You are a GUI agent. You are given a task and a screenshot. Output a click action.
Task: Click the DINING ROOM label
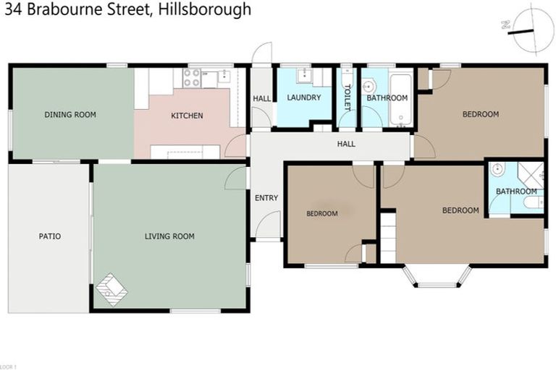(x=70, y=114)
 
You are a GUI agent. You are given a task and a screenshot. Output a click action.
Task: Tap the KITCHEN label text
(x=187, y=116)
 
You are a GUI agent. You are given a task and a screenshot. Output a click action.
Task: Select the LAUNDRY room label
(x=303, y=98)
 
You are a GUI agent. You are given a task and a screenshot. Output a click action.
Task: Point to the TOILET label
(x=347, y=97)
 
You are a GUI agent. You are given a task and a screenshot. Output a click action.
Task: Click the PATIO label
(x=50, y=236)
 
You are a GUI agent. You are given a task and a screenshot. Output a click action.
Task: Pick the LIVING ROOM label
(x=169, y=236)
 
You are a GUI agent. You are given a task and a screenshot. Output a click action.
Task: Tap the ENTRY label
(x=266, y=198)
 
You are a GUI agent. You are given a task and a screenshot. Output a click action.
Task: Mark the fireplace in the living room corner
(x=112, y=288)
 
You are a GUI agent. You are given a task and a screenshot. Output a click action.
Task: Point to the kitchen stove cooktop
(x=192, y=77)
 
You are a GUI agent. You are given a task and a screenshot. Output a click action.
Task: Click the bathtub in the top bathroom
(x=400, y=100)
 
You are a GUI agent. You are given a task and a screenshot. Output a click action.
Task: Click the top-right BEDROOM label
(x=481, y=114)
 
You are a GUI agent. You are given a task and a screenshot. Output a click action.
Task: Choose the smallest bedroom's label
(x=321, y=213)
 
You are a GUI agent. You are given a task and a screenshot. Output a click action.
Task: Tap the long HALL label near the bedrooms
(x=346, y=144)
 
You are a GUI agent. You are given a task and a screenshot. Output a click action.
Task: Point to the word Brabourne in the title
(x=80, y=9)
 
